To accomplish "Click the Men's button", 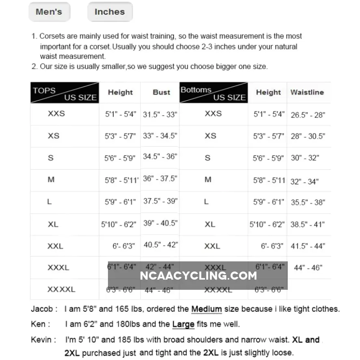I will coord(49,12).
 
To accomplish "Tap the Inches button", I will coord(110,12).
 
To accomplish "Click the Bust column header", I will coord(161,92).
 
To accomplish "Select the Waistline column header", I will coord(307,92).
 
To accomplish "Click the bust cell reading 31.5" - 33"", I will coord(160,114).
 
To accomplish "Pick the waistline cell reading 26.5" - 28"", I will coord(308,115).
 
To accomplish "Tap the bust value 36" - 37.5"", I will coord(160,179).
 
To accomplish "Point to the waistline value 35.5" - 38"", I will coord(308,202).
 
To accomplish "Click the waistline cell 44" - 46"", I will coord(308,268).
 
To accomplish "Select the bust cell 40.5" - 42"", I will coord(161,245).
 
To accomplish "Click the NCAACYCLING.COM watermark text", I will coord(198,276).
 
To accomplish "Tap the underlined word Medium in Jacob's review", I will coord(207,309).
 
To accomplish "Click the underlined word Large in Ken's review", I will coord(183,324).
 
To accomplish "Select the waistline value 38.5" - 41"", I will coord(308,224).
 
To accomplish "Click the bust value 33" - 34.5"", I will coord(160,136).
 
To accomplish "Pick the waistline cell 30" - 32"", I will coord(305,158).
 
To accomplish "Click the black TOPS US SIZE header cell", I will coord(65,93).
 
